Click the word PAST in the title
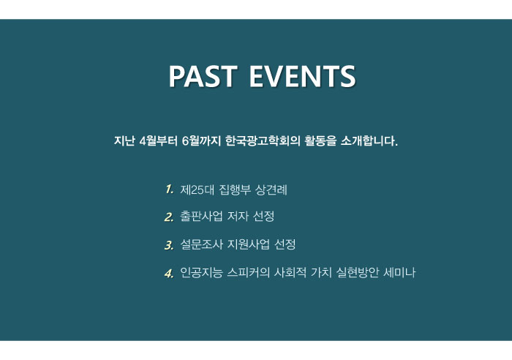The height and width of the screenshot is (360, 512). point(203,76)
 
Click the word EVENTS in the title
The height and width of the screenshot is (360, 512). point(302,76)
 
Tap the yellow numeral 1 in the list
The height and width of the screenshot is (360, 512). point(169,190)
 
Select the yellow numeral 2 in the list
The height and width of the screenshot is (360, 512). point(169,217)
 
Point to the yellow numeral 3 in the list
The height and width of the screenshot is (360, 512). point(169,245)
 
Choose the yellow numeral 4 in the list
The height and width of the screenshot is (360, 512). point(169,273)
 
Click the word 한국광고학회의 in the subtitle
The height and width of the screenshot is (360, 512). point(263,140)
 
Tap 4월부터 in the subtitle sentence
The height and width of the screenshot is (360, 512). point(158,140)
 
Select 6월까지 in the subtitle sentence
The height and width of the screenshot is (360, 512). point(201,140)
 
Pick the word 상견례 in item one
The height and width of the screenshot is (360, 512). point(271,190)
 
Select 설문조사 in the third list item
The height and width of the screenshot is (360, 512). point(201,244)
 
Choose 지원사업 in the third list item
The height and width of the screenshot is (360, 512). point(249,244)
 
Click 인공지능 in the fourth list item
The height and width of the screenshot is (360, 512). point(201,272)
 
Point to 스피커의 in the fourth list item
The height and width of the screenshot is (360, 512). point(249,272)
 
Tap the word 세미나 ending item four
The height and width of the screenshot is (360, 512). point(399,272)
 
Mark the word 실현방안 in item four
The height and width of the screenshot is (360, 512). point(358,272)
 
